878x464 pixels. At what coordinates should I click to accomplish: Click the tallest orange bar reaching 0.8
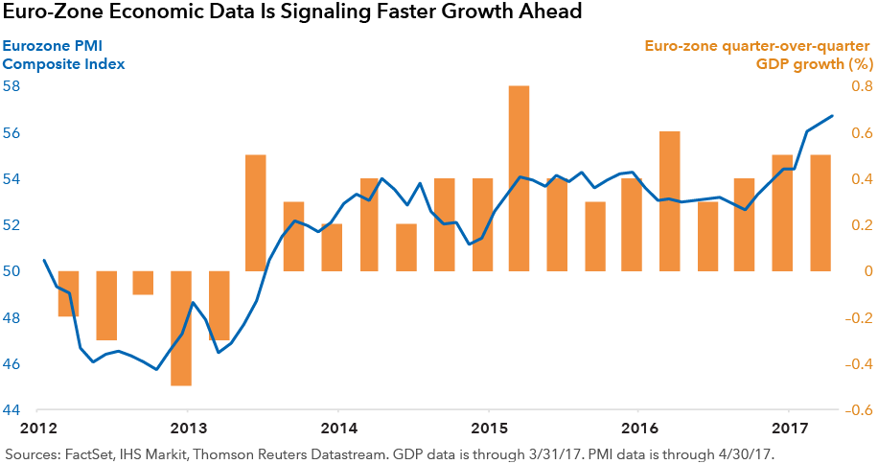tap(519, 178)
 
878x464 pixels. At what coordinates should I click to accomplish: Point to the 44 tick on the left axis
tap(12, 410)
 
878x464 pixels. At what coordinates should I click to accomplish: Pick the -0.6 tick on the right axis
tap(858, 410)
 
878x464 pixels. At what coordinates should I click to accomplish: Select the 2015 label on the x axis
tap(489, 428)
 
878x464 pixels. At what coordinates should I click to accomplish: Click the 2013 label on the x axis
tap(189, 428)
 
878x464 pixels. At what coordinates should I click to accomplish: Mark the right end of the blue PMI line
tap(832, 116)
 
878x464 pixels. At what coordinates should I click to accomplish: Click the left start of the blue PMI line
tap(44, 260)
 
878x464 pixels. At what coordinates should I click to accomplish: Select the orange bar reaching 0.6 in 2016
tap(669, 201)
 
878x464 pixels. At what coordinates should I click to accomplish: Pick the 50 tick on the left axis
tap(12, 271)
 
